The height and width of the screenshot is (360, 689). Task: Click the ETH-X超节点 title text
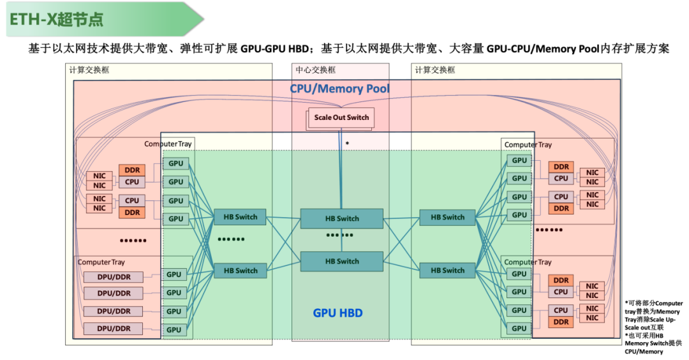56,19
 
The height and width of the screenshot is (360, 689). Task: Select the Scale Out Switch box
341,117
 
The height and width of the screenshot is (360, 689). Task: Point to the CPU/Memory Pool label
339,89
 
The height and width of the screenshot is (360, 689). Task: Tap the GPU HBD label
338,313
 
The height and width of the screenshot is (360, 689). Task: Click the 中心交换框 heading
315,70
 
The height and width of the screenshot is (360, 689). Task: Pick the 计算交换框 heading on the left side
89,70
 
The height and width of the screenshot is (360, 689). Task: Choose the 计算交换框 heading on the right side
435,70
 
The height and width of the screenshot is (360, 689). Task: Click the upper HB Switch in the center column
342,218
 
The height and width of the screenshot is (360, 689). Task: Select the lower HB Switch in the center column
342,261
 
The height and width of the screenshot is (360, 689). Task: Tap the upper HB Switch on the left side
240,217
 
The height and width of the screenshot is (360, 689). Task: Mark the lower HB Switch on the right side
447,270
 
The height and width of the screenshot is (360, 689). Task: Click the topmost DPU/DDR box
114,276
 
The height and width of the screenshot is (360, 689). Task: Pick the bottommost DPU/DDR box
114,329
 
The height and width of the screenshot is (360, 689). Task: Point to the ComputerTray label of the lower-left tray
101,262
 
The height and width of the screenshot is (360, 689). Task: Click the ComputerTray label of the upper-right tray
528,145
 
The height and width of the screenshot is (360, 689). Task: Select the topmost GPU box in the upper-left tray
175,163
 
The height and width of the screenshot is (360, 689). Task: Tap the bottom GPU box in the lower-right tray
519,329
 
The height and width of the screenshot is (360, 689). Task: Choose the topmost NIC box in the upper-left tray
100,176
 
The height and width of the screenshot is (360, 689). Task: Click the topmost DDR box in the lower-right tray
561,280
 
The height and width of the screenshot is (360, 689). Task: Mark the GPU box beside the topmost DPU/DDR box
174,274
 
